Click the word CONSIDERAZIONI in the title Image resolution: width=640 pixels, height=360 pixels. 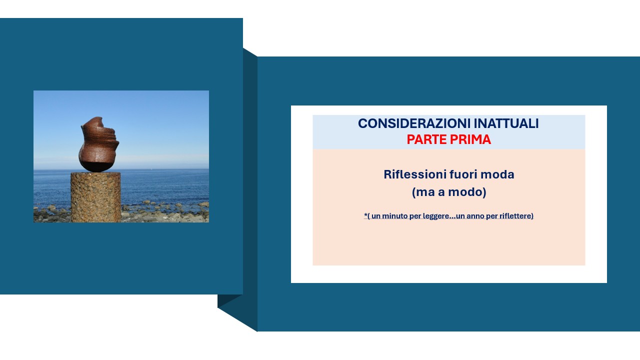[x=414, y=123]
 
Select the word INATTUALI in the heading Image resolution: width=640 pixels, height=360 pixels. [x=506, y=123]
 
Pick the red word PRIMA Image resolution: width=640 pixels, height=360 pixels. [x=470, y=139]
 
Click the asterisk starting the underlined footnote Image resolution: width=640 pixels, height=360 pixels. [x=365, y=214]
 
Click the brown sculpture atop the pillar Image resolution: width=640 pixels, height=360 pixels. [x=98, y=144]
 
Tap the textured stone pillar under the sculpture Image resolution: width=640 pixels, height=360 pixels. [x=95, y=197]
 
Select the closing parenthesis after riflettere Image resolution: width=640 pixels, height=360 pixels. [x=532, y=216]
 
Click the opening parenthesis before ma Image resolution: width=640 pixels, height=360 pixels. [x=413, y=192]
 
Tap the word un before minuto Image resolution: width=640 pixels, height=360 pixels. [x=376, y=216]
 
